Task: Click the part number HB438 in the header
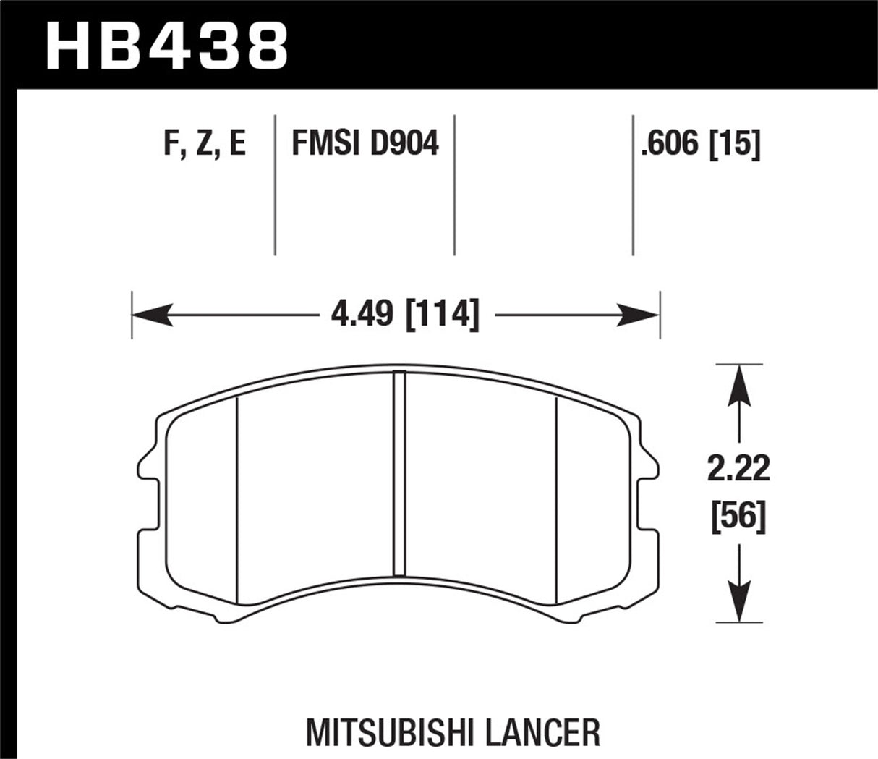pos(166,45)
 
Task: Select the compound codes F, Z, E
pos(205,144)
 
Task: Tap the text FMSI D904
pos(365,144)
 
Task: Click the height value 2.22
pos(738,470)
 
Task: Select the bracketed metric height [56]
pos(738,518)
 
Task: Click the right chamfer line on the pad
pos(555,499)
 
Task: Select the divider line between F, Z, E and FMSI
pos(275,185)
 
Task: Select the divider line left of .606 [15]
pos(633,185)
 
